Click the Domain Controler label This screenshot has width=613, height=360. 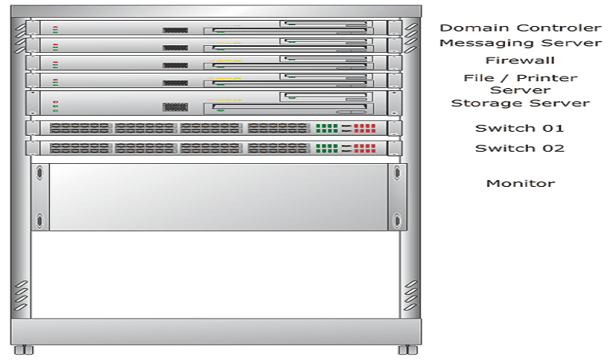tap(520, 28)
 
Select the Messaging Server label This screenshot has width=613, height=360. tap(520, 43)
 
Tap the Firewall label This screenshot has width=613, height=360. tap(520, 61)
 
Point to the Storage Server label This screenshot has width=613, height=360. tap(520, 103)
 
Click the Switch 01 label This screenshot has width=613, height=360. tap(520, 128)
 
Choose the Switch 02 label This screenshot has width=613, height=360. tap(520, 148)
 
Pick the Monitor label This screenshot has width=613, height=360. tap(520, 183)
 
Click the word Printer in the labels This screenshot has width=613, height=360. tap(547, 78)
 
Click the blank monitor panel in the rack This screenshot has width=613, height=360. tap(218, 197)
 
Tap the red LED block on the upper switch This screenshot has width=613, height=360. tap(365, 128)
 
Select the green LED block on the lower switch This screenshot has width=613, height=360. tap(326, 149)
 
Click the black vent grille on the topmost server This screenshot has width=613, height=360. tap(175, 30)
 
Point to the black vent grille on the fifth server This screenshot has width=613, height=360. tap(175, 106)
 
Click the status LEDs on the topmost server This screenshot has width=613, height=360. tap(55, 30)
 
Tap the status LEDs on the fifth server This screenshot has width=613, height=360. tap(55, 106)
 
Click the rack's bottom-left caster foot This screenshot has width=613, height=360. tap(24, 349)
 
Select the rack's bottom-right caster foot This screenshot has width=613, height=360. tap(408, 349)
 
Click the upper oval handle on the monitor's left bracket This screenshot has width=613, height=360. tap(40, 173)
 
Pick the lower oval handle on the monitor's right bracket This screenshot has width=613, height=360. tap(397, 221)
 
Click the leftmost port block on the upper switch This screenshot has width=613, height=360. tap(80, 128)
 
